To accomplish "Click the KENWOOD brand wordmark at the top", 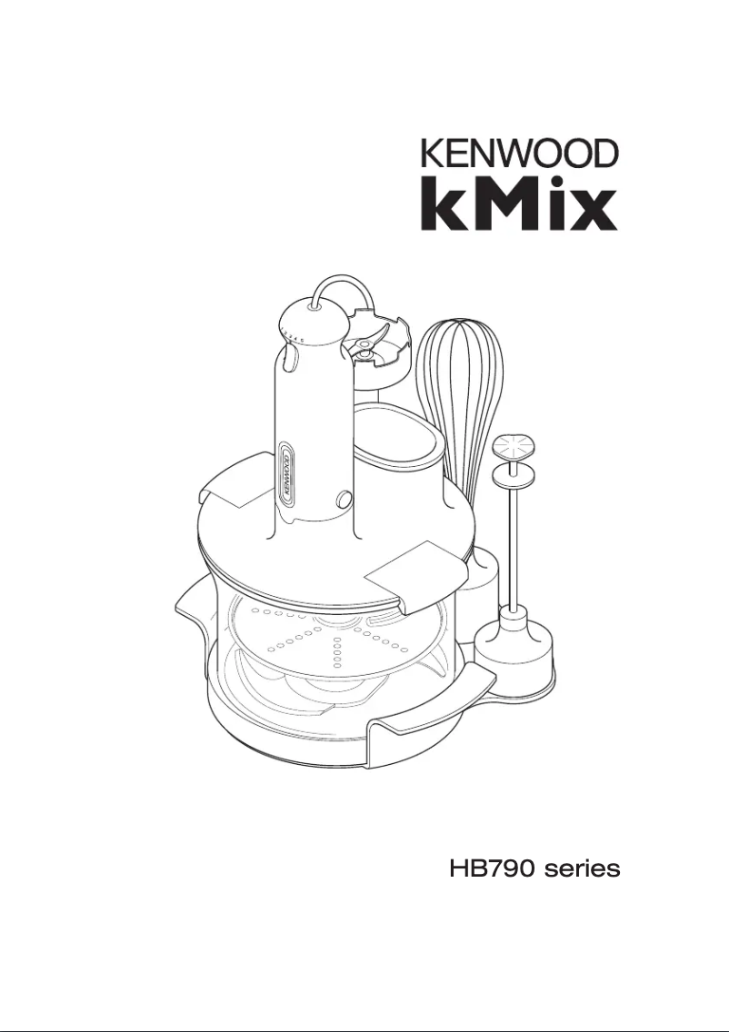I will click(519, 153).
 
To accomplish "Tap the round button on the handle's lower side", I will click(344, 498).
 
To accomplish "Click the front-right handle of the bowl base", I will click(427, 713).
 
